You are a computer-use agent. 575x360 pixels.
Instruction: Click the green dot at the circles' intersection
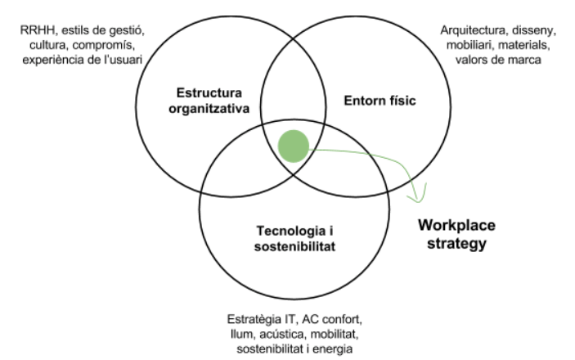coord(294,145)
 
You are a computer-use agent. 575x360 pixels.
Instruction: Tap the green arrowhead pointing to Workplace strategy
coord(420,196)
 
